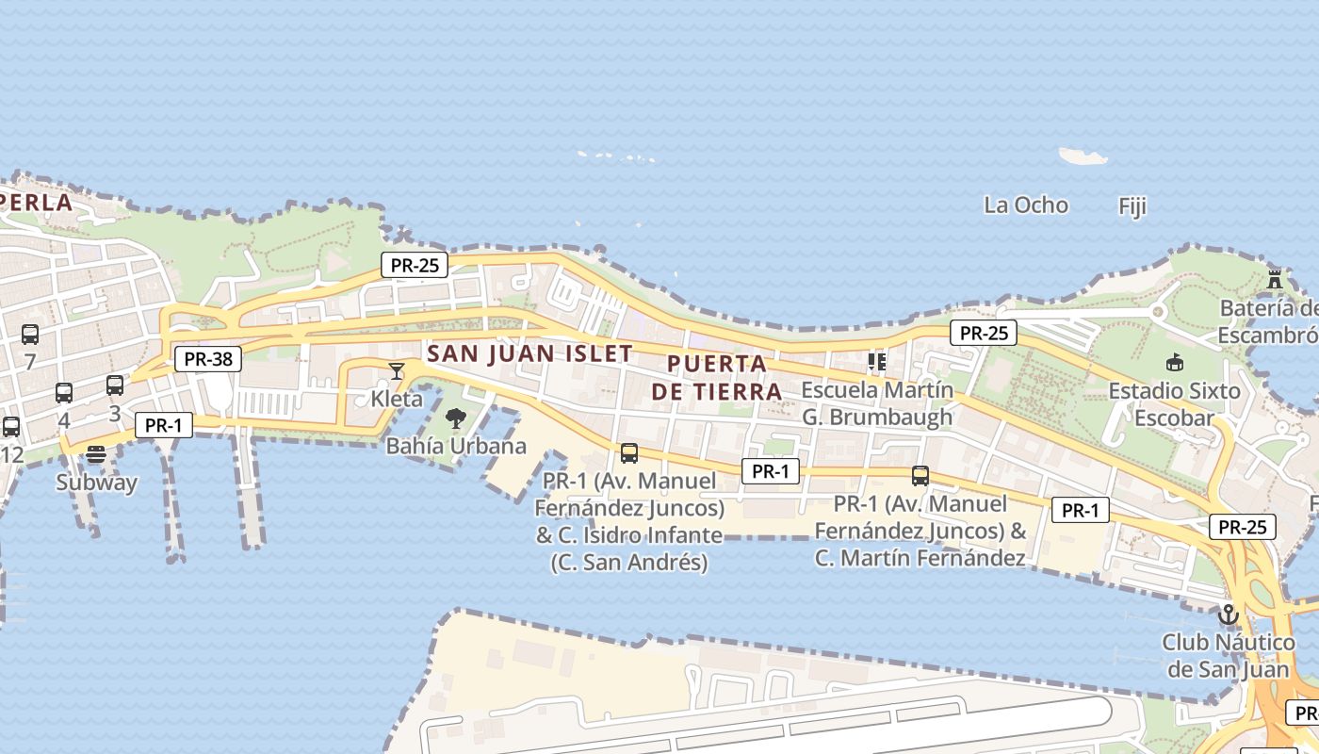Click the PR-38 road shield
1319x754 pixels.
pos(208,358)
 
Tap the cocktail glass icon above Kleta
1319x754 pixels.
pos(397,370)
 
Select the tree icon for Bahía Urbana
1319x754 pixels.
pos(456,418)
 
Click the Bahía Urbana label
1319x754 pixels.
pos(456,446)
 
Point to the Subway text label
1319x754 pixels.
pos(96,483)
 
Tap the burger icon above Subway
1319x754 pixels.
pos(96,453)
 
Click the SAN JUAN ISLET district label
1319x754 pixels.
pos(529,354)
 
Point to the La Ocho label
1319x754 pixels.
pos(1026,205)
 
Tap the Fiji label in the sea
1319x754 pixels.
pos(1132,205)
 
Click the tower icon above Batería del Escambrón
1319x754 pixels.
pos(1275,279)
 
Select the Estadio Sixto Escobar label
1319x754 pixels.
pos(1174,403)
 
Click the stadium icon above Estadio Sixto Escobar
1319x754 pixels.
pos(1174,362)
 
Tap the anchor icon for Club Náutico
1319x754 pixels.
pos(1228,615)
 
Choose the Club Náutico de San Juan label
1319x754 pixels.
pos(1228,656)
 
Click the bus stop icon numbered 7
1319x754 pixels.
pos(30,334)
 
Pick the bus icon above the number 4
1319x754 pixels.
pos(64,392)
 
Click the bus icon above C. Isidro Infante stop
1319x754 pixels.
pos(629,452)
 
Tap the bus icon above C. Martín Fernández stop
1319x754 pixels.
pos(920,475)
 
